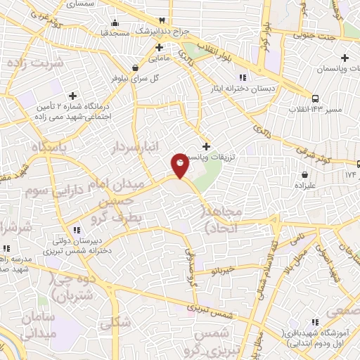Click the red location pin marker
point(180,166)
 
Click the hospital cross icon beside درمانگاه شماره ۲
point(72,95)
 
